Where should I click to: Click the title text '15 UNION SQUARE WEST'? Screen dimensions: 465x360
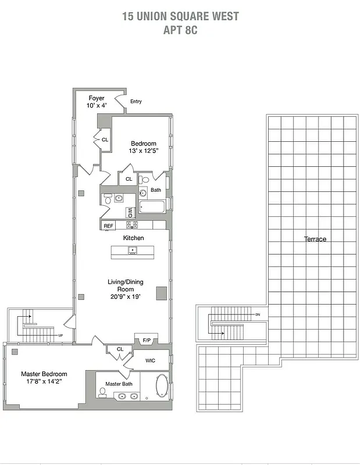coord(180,16)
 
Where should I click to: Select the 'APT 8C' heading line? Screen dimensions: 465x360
coord(180,30)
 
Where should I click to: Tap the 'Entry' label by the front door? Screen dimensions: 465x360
coord(136,102)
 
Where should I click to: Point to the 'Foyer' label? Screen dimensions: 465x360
coord(97,98)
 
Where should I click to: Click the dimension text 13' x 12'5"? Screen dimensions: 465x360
coord(144,151)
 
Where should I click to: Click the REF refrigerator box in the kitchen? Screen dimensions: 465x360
coord(108,226)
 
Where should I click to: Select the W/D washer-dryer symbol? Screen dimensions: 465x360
coord(131,213)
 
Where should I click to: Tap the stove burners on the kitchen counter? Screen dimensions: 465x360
coord(132,225)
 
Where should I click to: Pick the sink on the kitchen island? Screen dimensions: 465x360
coord(133,251)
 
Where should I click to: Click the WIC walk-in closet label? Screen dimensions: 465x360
coord(150,360)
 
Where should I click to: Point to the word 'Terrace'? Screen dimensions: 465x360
coord(315,239)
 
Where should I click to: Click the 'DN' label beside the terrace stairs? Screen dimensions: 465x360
coord(257,314)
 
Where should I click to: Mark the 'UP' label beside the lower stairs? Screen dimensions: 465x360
coord(60,336)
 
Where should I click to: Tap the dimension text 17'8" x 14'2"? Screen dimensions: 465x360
coord(44,382)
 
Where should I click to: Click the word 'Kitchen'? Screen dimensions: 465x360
coord(133,238)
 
